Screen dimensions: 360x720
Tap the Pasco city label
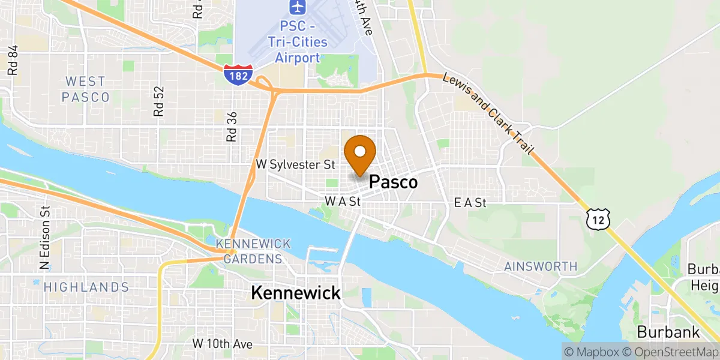[393, 182]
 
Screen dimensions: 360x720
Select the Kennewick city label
[295, 293]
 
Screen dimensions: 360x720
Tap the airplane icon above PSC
[296, 7]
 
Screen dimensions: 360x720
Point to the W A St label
[342, 202]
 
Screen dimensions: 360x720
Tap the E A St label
[470, 203]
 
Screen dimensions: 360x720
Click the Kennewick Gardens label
[253, 251]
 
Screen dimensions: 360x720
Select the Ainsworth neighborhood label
[541, 266]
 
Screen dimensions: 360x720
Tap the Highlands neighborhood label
[86, 287]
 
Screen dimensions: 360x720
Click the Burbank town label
[668, 332]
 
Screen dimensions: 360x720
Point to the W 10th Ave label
[222, 344]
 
